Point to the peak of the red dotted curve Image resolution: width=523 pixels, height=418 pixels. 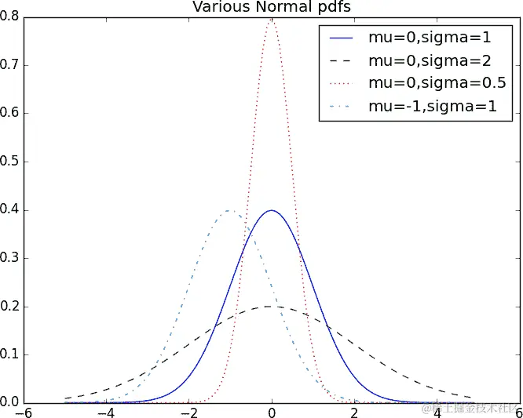[x=272, y=19]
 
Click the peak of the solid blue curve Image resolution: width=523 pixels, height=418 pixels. [x=272, y=210]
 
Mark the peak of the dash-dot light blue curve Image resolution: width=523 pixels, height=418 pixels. [x=230, y=210]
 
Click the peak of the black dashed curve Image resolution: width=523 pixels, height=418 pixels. [x=272, y=306]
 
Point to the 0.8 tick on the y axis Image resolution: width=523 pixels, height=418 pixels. [x=12, y=16]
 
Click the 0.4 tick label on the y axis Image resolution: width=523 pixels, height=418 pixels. [x=12, y=210]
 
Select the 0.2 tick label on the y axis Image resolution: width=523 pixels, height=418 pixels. [x=12, y=307]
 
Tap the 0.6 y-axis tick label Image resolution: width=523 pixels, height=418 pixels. [x=12, y=114]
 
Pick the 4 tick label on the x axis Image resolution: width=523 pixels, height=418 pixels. [x=437, y=411]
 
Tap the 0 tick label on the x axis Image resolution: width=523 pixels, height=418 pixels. [x=272, y=411]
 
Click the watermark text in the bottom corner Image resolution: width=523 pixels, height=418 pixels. [x=470, y=409]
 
